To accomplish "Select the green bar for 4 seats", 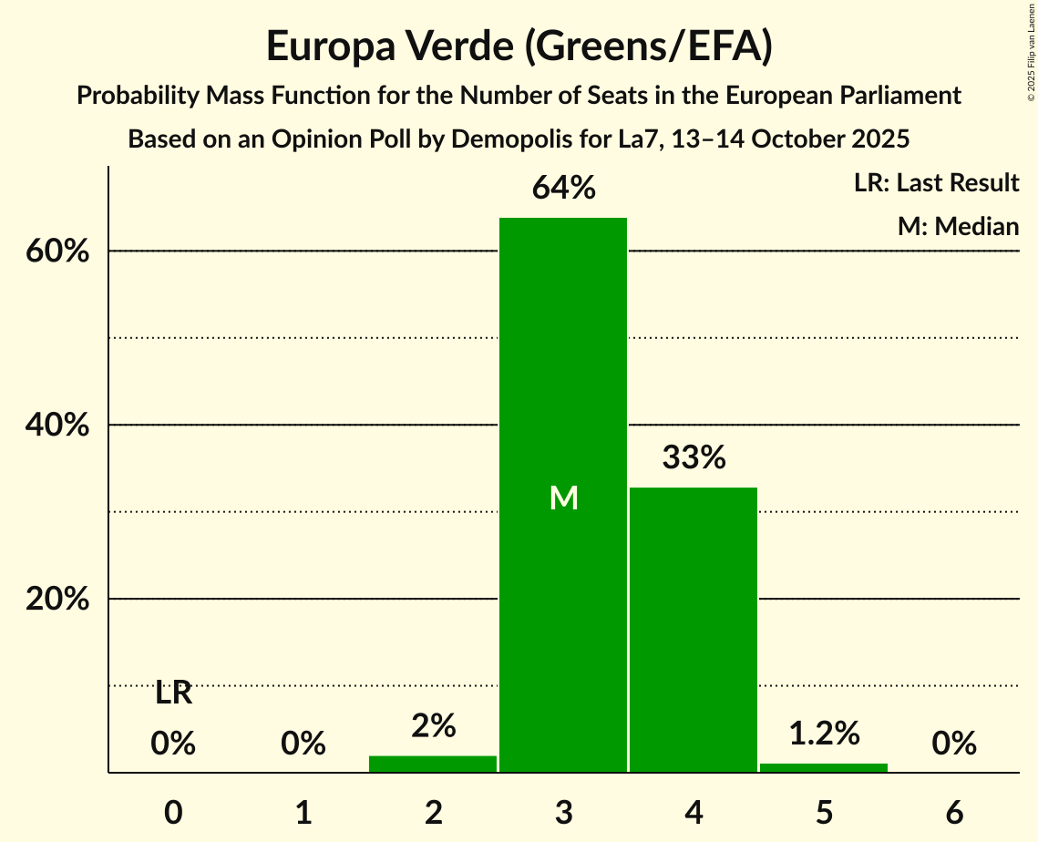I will click(x=694, y=630).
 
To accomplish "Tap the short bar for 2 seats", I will click(x=433, y=764).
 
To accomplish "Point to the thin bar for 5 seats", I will click(x=824, y=767).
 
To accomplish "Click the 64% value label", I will click(x=563, y=189).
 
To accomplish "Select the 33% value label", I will click(x=694, y=457).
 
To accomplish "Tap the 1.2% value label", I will click(x=824, y=733).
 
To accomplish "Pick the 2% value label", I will click(x=433, y=726).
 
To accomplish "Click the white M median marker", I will click(x=563, y=498).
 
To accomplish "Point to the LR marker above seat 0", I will click(x=173, y=693).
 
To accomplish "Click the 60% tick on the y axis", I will click(x=57, y=252).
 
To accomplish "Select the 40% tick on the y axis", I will click(x=57, y=426).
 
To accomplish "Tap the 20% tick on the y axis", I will click(x=57, y=600).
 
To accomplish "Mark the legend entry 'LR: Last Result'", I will click(x=936, y=183).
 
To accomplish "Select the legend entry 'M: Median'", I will click(x=958, y=226).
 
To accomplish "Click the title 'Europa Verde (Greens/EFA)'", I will click(x=519, y=46).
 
